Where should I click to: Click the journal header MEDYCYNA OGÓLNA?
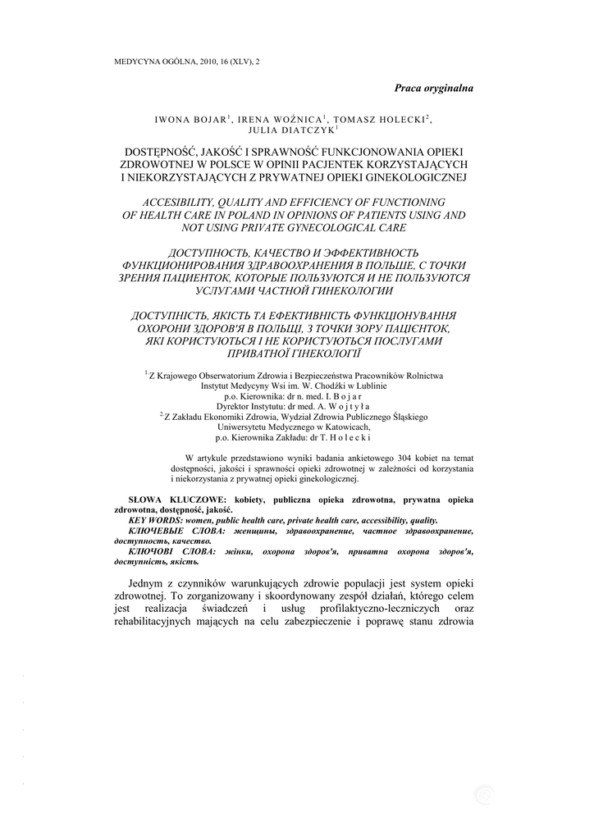152,62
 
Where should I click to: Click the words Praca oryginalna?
433,88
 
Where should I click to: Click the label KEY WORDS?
155,521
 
